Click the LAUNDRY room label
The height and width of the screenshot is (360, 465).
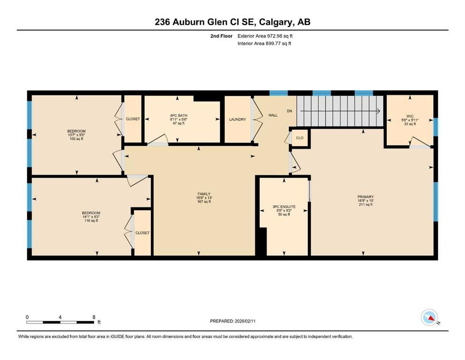pos(237,120)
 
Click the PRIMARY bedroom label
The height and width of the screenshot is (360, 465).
pos(365,197)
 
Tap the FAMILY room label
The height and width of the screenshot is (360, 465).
pos(203,194)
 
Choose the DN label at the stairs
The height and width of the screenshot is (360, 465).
pos(289,111)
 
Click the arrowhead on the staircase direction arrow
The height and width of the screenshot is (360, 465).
pos(377,111)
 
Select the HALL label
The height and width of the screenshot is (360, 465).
pos(273,115)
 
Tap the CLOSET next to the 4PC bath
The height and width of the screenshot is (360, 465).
pos(133,119)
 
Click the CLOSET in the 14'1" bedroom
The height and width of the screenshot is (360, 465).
pos(142,233)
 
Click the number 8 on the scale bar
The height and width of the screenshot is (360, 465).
pos(94,317)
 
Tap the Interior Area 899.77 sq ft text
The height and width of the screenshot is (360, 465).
pos(265,44)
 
